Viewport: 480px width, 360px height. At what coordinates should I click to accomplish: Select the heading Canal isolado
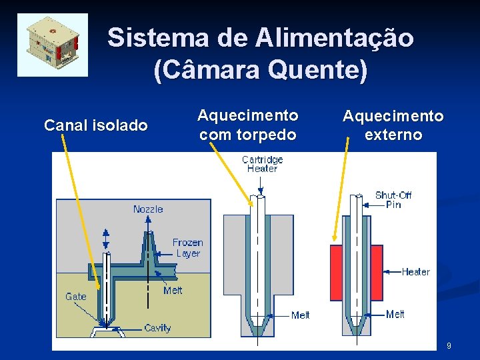[95, 125]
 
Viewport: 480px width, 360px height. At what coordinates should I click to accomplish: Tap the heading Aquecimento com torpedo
[247, 125]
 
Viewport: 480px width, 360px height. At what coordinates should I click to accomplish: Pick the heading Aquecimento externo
[393, 125]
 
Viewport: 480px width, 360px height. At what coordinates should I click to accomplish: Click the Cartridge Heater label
[262, 164]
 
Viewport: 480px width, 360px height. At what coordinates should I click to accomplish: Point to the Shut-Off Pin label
[393, 199]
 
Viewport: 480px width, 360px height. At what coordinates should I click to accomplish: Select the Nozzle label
[147, 209]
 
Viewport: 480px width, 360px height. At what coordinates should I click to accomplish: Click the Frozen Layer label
[187, 247]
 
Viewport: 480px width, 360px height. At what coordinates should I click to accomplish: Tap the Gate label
[75, 297]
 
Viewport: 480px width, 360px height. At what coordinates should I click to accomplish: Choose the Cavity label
[157, 328]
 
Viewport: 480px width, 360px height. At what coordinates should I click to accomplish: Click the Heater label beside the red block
[415, 271]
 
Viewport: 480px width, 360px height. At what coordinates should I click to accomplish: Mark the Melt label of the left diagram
[173, 291]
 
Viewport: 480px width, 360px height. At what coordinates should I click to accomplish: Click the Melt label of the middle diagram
[300, 315]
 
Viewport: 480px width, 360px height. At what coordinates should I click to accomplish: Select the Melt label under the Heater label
[395, 314]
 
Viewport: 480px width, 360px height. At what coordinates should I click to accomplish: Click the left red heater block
[339, 273]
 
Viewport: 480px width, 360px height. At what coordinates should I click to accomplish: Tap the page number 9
[449, 346]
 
